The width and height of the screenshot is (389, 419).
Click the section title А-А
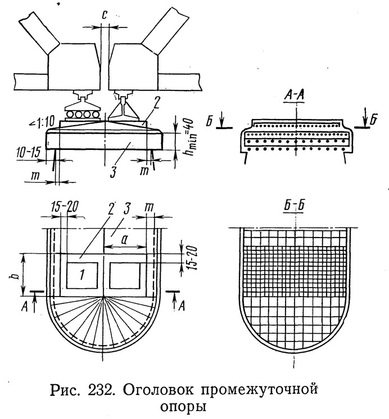point(294,97)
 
